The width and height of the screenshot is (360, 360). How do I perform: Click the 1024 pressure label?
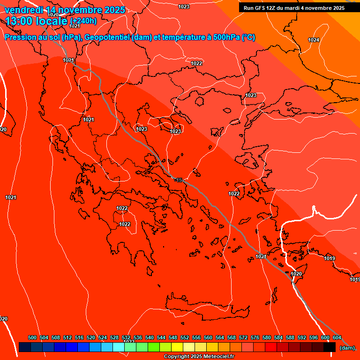pyautogui.click(x=314, y=40)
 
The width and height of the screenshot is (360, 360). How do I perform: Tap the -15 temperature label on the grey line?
pyautogui.click(x=178, y=180)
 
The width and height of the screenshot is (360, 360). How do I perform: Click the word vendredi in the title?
pyautogui.click(x=23, y=10)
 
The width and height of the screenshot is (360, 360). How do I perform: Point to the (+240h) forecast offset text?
pyautogui.click(x=83, y=21)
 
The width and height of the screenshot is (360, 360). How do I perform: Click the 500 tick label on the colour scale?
pyautogui.click(x=32, y=337)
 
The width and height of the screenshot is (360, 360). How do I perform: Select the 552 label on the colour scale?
pyautogui.click(x=185, y=337)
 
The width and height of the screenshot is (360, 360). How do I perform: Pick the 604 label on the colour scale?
pyautogui.click(x=337, y=337)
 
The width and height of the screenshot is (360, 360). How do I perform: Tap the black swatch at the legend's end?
pyautogui.click(x=330, y=347)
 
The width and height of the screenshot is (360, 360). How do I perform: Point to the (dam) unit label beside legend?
pyautogui.click(x=347, y=347)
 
